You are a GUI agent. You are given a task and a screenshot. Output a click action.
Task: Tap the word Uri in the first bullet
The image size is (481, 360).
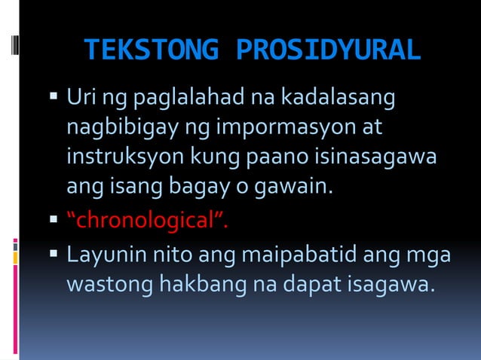(x=80, y=98)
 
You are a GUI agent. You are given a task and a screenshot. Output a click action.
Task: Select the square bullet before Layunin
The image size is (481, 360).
(x=54, y=256)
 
